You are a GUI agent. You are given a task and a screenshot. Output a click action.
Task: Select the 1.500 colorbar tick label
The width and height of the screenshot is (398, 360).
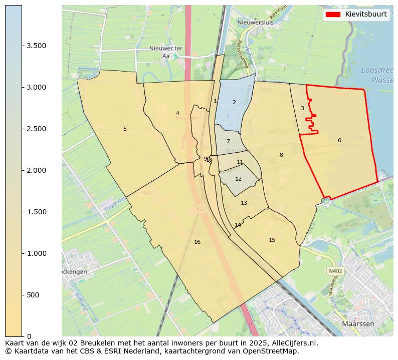(x=36, y=212)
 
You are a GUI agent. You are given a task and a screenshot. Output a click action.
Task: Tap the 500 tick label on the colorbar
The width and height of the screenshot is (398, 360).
(x=33, y=295)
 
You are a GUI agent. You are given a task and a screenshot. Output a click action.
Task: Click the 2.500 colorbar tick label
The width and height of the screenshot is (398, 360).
(x=36, y=129)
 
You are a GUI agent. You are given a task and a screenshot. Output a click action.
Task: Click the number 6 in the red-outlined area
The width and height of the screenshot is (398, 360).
(x=339, y=140)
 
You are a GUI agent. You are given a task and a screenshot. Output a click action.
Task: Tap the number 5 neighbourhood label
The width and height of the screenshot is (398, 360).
(x=125, y=129)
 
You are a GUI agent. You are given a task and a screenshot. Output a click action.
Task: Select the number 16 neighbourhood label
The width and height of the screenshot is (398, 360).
(x=197, y=242)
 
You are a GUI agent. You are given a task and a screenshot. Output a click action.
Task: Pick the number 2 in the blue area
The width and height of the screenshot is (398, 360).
(x=234, y=102)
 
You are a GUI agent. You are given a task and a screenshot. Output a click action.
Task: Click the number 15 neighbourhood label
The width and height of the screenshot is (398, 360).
(x=272, y=240)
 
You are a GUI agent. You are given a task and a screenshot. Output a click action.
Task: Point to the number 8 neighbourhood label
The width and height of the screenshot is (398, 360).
(x=281, y=155)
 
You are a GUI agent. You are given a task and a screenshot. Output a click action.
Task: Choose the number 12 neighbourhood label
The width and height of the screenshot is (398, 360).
(x=239, y=179)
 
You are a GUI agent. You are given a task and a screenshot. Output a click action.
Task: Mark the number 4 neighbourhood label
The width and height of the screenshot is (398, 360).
(x=177, y=113)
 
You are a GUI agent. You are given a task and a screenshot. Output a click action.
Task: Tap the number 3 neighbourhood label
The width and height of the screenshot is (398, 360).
(x=302, y=108)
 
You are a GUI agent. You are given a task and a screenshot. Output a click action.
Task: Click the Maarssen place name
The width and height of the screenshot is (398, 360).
(x=358, y=324)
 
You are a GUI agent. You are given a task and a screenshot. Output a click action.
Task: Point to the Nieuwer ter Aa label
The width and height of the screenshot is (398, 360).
(x=165, y=52)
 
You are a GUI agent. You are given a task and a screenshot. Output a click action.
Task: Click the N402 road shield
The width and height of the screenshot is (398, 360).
(x=335, y=271)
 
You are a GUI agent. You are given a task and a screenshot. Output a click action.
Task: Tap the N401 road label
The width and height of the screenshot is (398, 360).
(x=148, y=193)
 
